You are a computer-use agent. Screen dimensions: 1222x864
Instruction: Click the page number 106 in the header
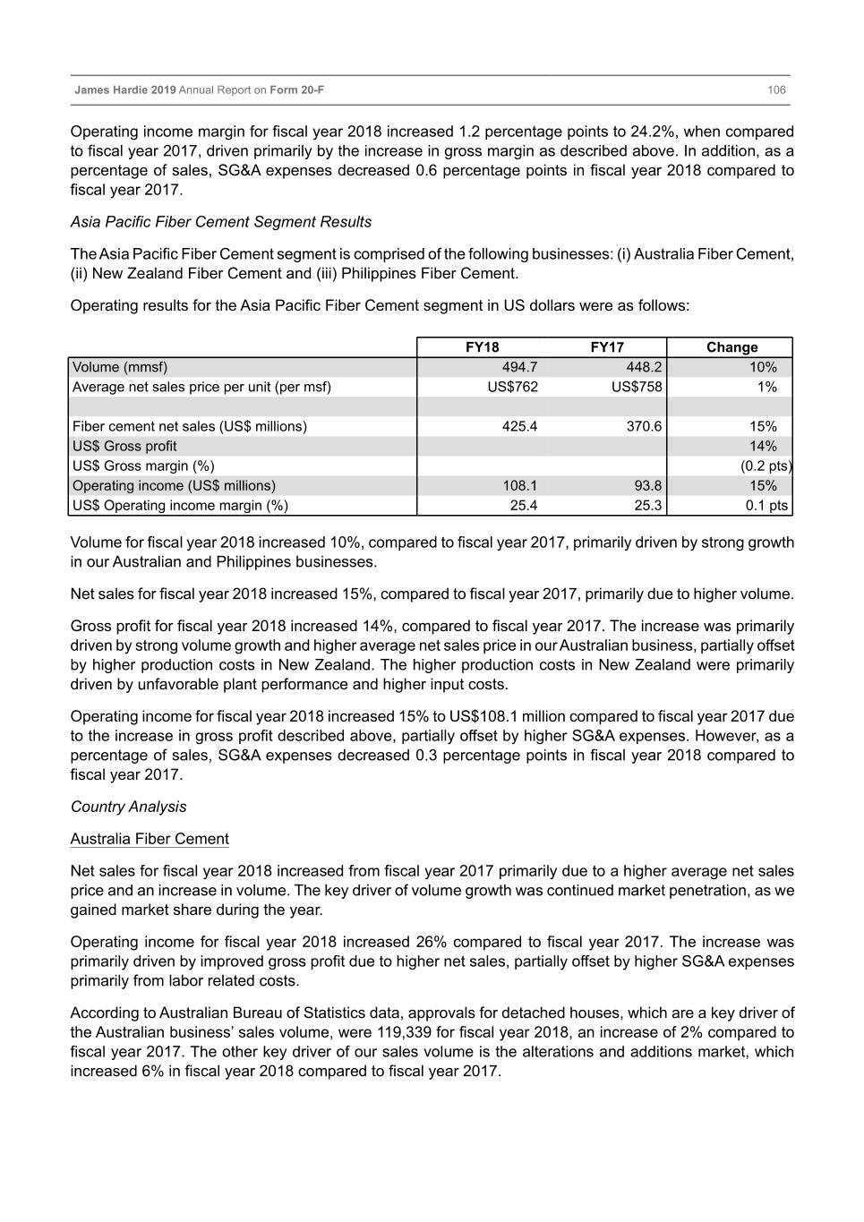tap(776, 90)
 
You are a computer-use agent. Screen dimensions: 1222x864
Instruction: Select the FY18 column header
tap(483, 347)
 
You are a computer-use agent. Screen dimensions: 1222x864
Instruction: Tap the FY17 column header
tap(607, 347)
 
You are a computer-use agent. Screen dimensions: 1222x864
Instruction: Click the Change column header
tap(731, 347)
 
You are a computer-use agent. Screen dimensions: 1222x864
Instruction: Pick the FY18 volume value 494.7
tap(520, 367)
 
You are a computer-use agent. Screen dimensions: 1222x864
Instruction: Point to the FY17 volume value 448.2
tap(645, 367)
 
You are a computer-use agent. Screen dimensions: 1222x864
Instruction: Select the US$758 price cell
tap(637, 387)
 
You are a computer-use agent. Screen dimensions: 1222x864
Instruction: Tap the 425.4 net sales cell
tap(520, 426)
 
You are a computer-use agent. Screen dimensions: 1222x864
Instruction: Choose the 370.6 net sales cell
tap(645, 426)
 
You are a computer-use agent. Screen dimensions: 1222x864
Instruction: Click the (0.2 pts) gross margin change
tap(766, 466)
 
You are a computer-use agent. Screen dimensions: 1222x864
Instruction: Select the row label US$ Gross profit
tap(124, 446)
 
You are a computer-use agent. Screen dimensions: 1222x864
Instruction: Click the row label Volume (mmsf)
tap(120, 367)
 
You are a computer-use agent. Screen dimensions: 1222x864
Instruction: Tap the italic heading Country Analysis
tap(129, 807)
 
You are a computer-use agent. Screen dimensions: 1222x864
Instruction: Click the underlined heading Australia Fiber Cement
tap(150, 839)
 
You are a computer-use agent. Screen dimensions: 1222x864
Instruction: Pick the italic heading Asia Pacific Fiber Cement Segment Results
tap(221, 222)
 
